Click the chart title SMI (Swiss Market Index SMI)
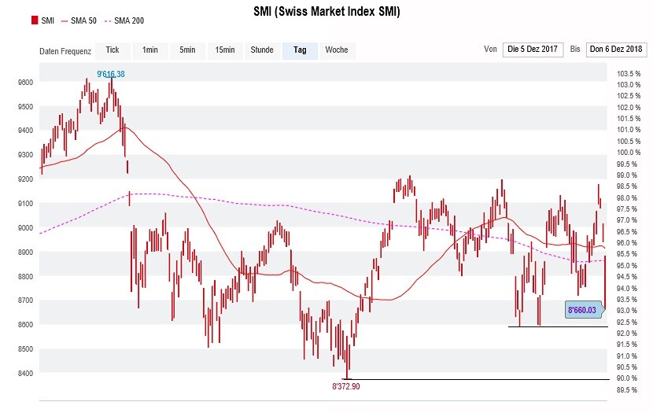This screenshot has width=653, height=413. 326,12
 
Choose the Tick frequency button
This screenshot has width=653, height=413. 113,50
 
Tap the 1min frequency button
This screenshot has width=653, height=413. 149,50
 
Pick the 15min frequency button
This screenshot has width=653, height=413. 224,50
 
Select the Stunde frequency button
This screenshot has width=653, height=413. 262,50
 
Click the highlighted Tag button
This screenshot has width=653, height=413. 300,50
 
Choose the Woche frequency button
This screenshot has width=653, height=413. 337,50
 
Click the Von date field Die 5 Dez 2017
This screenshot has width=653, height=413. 532,50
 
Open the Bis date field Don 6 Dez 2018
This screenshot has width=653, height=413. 616,50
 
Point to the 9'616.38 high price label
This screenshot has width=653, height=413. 111,74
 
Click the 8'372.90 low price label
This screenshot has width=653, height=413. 345,386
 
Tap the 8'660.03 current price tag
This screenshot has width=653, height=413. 582,311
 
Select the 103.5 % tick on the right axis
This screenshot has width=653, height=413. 626,73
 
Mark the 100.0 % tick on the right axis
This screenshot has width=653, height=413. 626,152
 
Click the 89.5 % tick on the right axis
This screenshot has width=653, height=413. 626,389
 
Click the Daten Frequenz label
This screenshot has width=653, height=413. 65,52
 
